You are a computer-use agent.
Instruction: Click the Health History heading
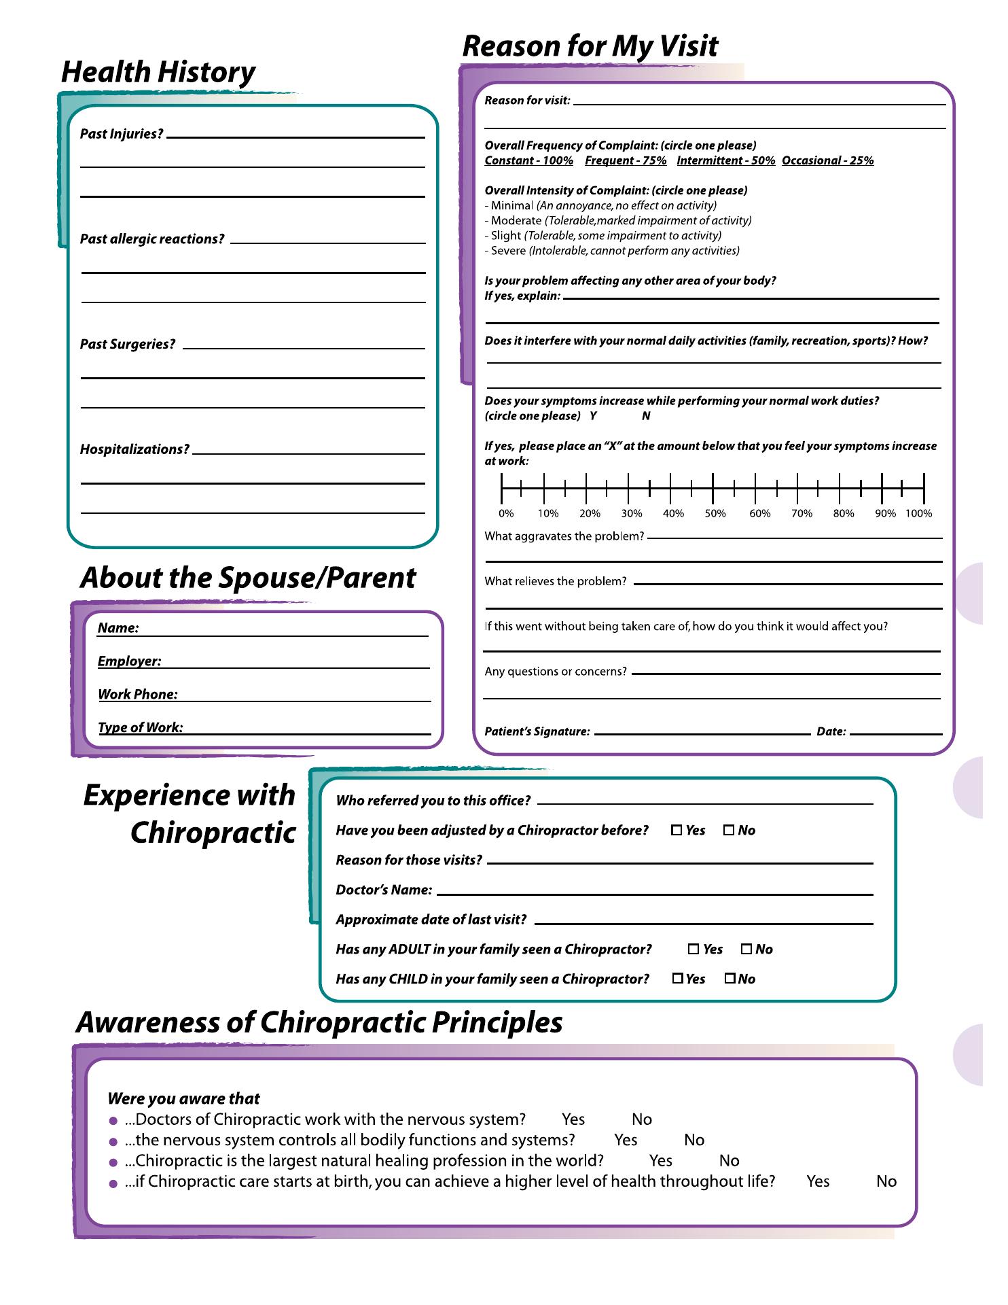pos(158,73)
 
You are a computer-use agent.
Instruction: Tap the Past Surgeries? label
pos(128,345)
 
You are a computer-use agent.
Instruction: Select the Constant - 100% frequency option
pos(528,161)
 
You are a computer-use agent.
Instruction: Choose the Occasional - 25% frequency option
pos(827,161)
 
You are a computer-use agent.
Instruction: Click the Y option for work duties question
pos(593,416)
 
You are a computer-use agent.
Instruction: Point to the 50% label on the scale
pos(715,514)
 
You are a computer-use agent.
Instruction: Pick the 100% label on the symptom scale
pos(918,514)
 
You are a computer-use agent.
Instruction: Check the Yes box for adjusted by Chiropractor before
pos(677,830)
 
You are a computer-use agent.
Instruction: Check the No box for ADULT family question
pos(746,950)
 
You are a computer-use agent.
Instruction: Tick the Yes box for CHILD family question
pos(678,979)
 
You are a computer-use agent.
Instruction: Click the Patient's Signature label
pos(537,732)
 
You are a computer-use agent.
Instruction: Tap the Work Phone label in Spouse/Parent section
pos(138,695)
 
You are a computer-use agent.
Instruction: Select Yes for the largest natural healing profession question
pos(660,1161)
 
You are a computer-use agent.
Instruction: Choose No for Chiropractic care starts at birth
pos(886,1181)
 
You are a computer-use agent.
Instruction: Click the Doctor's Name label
pos(384,890)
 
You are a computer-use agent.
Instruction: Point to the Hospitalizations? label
pos(134,450)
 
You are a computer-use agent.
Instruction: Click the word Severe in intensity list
pos(508,251)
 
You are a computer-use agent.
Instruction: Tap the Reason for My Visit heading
pos(590,47)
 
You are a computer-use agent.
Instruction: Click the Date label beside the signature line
pos(831,732)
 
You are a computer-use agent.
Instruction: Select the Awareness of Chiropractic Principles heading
pos(319,1023)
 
